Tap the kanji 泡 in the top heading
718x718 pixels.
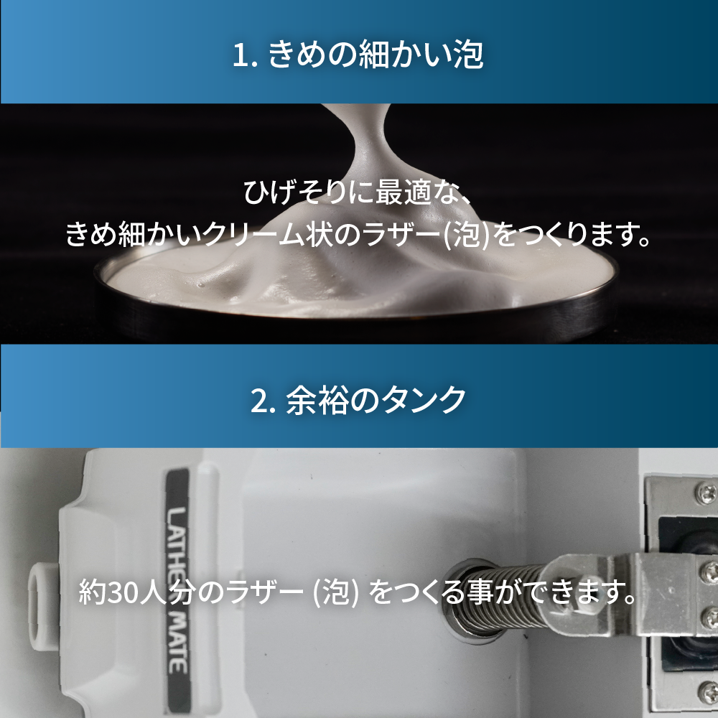pyautogui.click(x=468, y=55)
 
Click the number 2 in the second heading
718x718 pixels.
pyautogui.click(x=260, y=400)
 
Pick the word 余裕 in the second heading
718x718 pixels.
pyautogui.click(x=314, y=400)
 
